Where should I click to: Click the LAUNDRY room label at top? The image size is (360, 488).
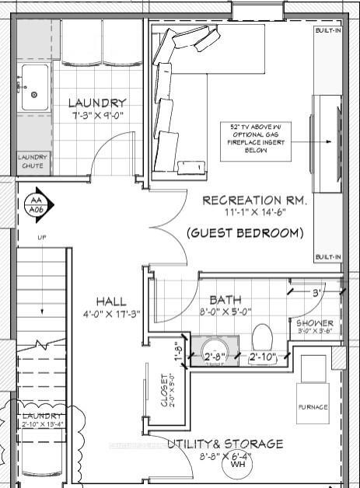pos(97,103)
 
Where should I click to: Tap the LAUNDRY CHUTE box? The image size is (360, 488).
pos(33,162)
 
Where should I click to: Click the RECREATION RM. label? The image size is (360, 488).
pos(254,200)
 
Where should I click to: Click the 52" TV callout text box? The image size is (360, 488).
pos(248,139)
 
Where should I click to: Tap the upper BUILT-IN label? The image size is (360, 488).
pos(327,31)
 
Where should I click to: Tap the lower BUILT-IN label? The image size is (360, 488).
pos(327,257)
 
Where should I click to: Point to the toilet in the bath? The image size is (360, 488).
pos(261,337)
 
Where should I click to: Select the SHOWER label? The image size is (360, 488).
pos(315,323)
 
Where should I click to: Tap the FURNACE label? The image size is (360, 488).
pos(313,407)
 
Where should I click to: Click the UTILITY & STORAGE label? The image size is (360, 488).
pos(225,444)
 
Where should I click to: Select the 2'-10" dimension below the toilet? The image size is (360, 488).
pos(263,357)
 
